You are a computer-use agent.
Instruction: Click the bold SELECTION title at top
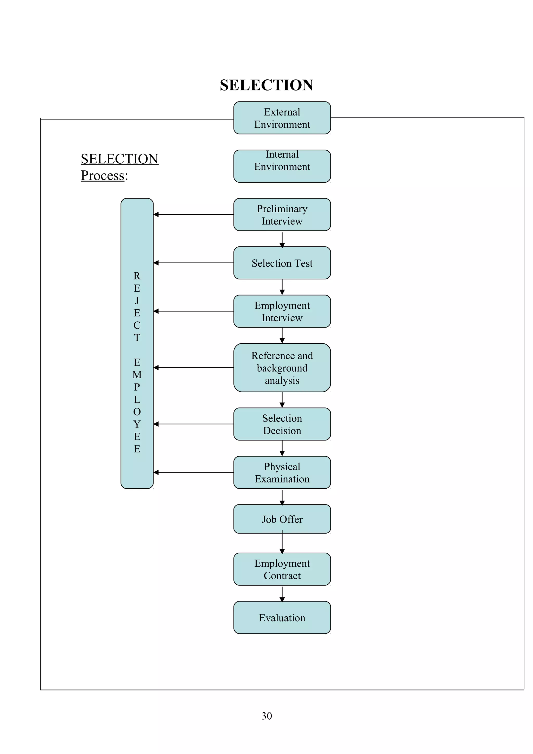pos(266,85)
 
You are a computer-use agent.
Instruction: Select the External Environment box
pos(282,118)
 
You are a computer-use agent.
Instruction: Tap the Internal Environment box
pos(282,166)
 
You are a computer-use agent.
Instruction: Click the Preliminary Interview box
pos(282,214)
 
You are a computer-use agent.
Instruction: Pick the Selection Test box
pos(282,263)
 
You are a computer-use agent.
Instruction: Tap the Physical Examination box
pos(282,472)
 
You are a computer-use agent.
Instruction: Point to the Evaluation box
pos(282,617)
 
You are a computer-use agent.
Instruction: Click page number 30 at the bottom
pos(266,716)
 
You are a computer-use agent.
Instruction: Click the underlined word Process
pos(103,175)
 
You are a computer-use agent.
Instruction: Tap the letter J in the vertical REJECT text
pos(137,300)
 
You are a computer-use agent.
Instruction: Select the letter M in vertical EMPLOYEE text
pos(137,375)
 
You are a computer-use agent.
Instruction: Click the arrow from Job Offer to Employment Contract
pos(282,543)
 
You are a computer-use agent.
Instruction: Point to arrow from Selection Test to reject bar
pos(193,263)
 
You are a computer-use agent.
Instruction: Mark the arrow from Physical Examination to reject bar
pos(193,472)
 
